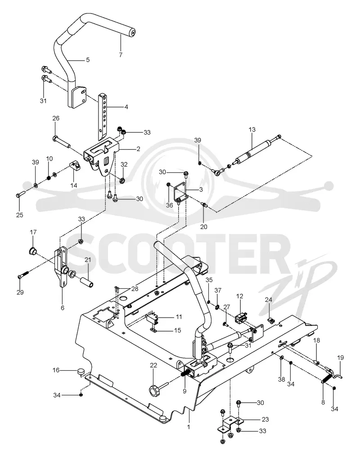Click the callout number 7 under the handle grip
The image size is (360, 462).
click(121, 55)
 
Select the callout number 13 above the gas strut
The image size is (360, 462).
click(252, 130)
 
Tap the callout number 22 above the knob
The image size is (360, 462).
click(153, 365)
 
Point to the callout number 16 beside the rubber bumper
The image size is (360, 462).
click(56, 370)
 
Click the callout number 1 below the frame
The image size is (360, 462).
click(189, 426)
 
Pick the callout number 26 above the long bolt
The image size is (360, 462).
click(56, 118)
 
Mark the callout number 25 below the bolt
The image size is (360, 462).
click(19, 215)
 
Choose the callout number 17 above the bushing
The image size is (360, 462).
click(33, 232)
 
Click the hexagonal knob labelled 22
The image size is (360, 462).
click(155, 391)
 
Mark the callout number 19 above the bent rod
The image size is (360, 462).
click(340, 358)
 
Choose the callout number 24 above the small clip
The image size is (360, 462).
click(269, 300)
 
